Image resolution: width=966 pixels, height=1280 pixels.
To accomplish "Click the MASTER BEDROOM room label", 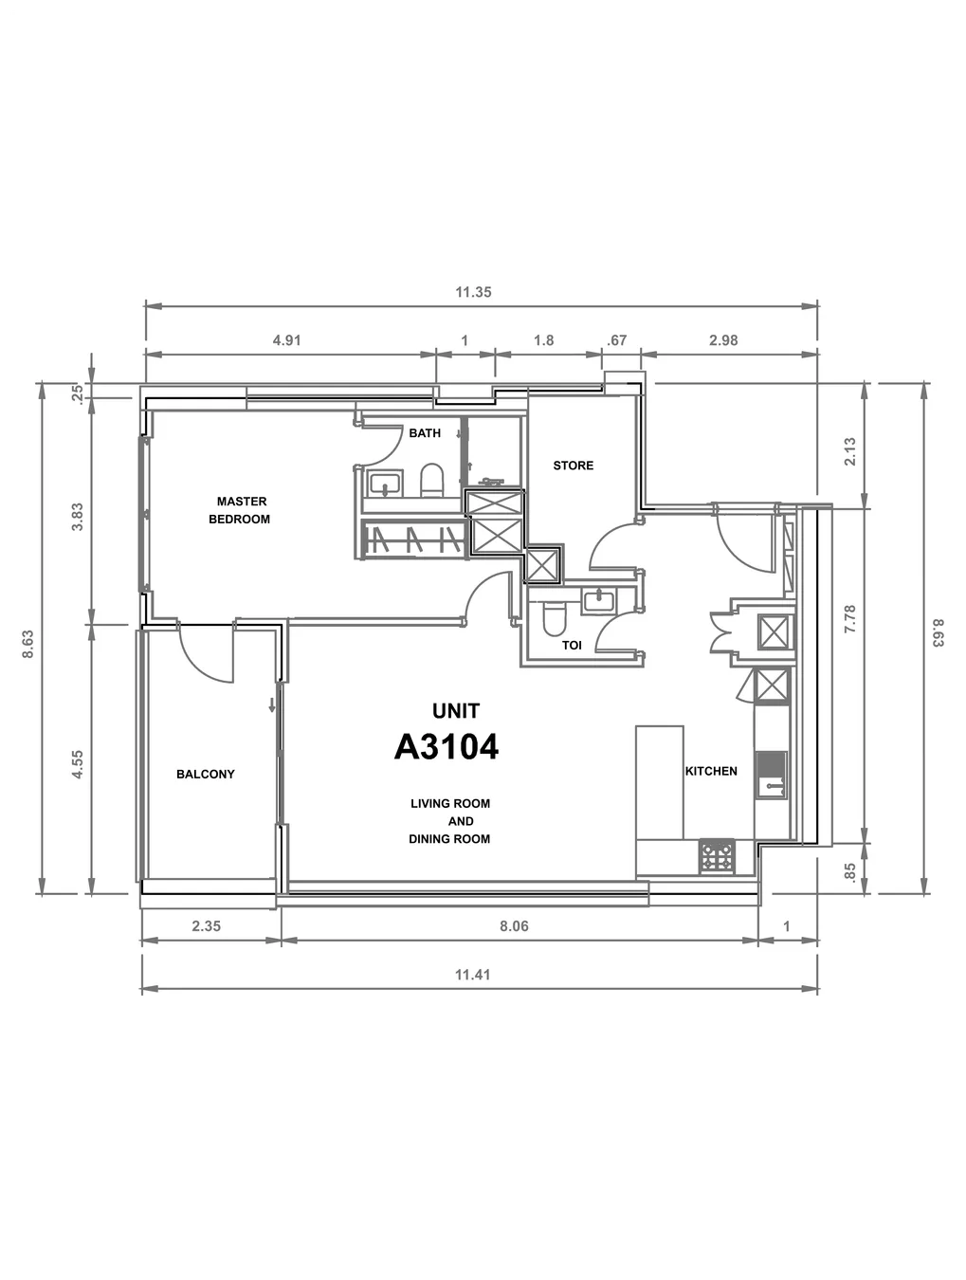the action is tap(240, 510).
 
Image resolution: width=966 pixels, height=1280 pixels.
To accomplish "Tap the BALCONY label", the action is tap(205, 774).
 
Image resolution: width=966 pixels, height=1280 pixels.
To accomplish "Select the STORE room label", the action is tap(574, 466).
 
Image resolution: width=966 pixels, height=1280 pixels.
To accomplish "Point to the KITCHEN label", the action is tap(711, 771).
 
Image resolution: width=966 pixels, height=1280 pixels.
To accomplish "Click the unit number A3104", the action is tap(447, 747).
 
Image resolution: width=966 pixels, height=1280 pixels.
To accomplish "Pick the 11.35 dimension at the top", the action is tap(473, 292).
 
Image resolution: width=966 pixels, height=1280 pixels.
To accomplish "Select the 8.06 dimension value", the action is tap(514, 926).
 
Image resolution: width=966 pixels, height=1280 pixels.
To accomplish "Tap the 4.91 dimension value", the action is tap(287, 340).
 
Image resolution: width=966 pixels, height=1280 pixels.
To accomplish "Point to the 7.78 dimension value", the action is tap(850, 619).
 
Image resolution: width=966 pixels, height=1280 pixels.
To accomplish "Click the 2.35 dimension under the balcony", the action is tap(207, 926).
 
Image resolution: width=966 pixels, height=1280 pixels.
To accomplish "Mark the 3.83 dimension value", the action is tap(77, 517).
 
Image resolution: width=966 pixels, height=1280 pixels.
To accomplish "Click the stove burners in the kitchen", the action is tap(717, 856).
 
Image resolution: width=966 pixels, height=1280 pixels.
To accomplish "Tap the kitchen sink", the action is tap(771, 775).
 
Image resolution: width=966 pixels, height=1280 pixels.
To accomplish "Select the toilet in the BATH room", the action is tap(432, 480).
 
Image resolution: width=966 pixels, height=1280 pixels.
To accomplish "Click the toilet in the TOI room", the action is tap(554, 619).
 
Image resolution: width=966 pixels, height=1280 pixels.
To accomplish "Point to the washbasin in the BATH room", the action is tap(385, 484).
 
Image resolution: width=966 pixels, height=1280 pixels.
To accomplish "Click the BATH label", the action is tap(425, 433).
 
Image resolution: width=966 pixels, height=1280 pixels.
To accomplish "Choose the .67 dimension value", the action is tap(616, 340).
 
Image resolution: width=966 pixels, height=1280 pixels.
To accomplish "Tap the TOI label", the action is tap(572, 645).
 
